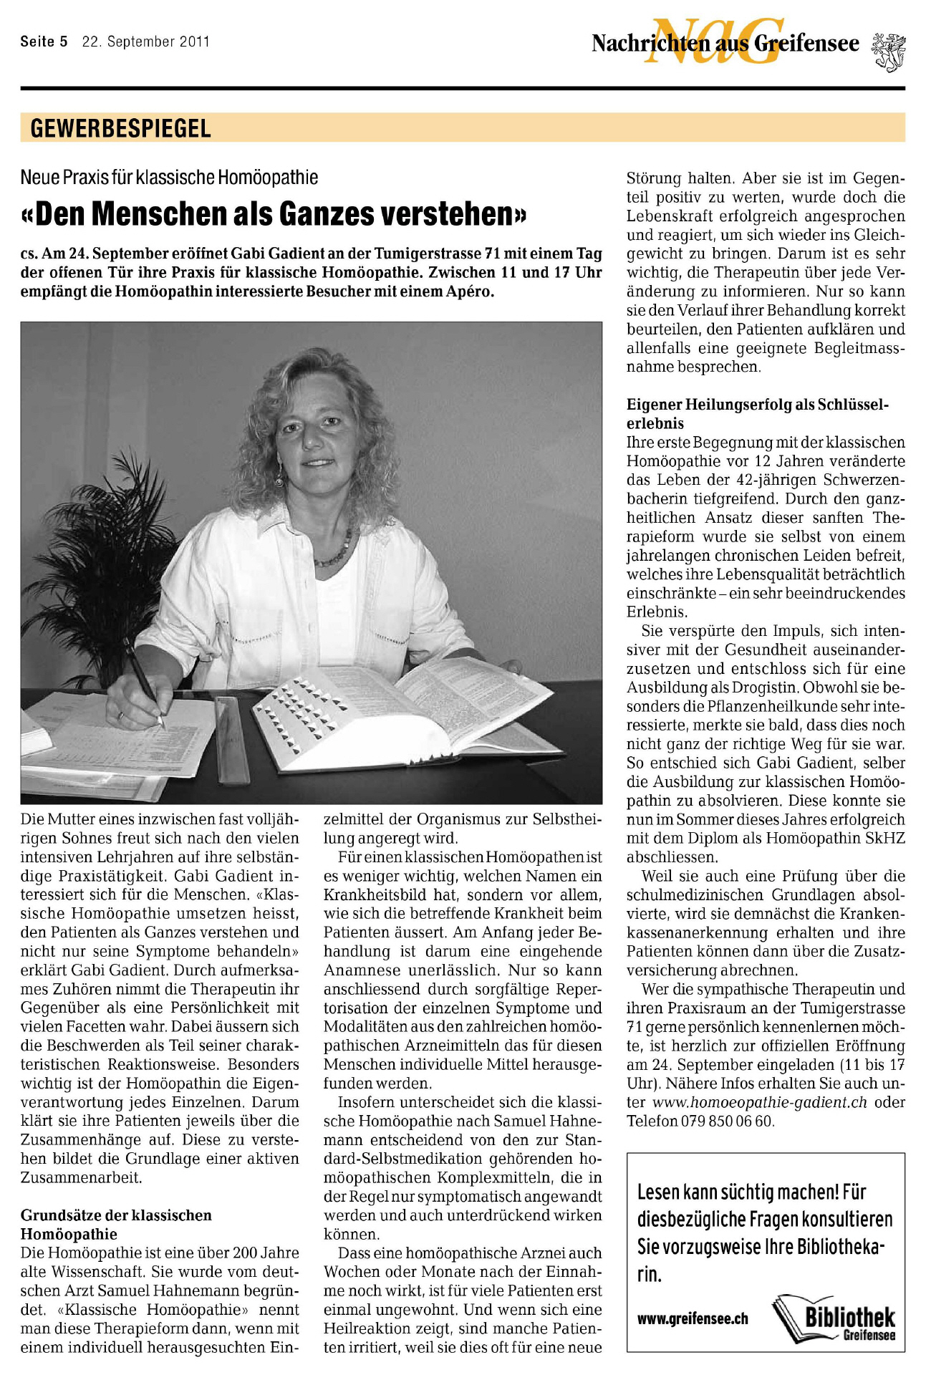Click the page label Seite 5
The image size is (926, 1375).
tap(44, 42)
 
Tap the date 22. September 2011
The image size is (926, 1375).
tap(145, 42)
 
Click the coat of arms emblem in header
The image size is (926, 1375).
tap(888, 51)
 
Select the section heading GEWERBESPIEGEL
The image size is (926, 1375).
tap(120, 129)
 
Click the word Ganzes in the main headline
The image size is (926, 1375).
tap(326, 214)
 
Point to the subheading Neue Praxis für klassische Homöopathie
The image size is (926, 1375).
tap(169, 177)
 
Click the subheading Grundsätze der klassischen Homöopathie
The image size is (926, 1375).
tap(116, 1224)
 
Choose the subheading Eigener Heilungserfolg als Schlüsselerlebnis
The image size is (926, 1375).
tap(757, 414)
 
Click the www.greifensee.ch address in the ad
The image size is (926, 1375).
tap(693, 1318)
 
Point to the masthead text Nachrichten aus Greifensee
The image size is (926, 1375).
tap(725, 44)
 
